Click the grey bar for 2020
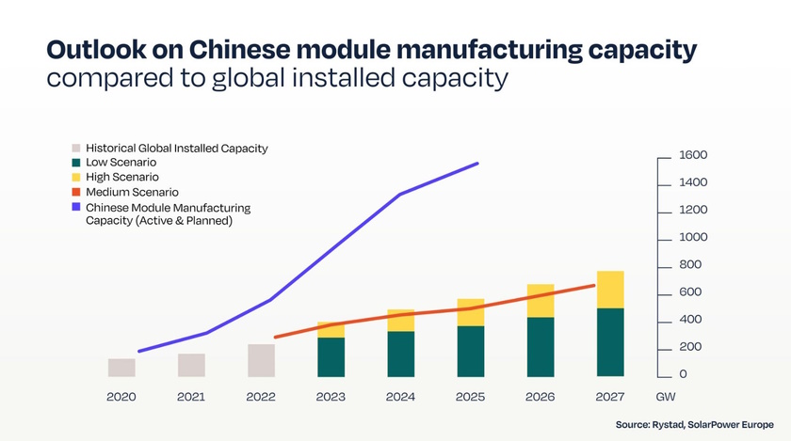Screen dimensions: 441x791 point(121,368)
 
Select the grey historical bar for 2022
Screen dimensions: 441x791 point(261,360)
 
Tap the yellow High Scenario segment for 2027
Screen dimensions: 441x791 point(610,290)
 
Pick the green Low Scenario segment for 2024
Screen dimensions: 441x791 point(401,354)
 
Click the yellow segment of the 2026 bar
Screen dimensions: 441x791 point(541,301)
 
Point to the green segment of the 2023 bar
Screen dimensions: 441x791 point(331,356)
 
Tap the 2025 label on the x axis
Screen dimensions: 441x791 point(470,397)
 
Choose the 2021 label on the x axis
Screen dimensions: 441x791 point(191,397)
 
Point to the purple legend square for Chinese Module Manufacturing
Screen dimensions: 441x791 point(75,207)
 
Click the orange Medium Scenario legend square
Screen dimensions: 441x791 point(75,192)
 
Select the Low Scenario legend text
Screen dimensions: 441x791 point(121,163)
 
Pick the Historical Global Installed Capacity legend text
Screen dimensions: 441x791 point(177,148)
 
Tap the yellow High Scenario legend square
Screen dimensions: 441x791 point(75,177)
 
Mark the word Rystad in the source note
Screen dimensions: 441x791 point(670,426)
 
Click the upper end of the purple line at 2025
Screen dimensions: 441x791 point(477,164)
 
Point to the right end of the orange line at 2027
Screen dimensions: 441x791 point(594,285)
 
